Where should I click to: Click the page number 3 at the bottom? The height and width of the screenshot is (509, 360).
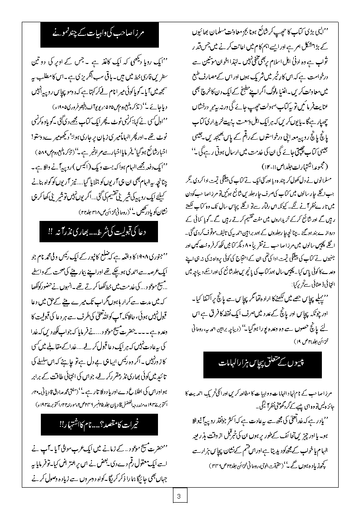tap(179, 496)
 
